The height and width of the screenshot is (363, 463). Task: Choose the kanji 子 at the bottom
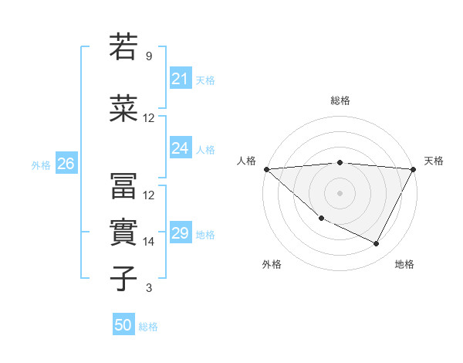123,278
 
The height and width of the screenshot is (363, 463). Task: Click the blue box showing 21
180,79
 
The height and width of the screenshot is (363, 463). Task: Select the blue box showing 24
180,148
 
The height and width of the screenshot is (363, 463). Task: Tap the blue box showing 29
180,233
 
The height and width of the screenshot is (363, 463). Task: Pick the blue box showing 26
66,164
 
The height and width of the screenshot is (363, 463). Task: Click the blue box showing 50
123,325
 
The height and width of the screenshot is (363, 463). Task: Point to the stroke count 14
149,242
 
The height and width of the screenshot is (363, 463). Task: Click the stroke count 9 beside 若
148,56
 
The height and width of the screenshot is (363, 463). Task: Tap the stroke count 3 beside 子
148,288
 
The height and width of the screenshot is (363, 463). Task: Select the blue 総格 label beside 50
148,327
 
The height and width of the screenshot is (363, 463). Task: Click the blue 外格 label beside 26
41,165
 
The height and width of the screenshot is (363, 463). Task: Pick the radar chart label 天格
434,161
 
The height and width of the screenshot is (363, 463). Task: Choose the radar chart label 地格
404,264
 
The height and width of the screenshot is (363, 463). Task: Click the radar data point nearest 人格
266,168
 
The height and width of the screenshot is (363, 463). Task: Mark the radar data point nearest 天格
414,169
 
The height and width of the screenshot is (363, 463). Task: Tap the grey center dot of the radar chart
340,192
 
